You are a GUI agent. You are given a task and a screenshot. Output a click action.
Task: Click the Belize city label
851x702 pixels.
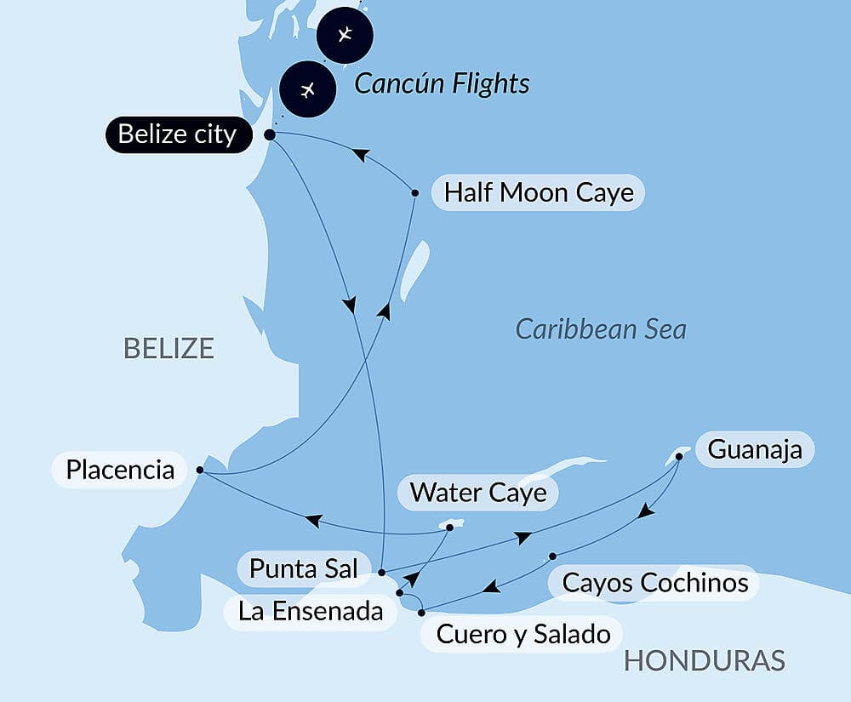178,134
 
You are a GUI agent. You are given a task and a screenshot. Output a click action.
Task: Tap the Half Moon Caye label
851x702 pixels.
539,192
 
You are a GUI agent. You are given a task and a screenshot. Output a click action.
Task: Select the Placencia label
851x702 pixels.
120,470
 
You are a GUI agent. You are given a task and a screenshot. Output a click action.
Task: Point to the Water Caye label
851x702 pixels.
478,492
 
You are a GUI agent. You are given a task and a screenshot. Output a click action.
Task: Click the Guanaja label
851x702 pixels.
755,448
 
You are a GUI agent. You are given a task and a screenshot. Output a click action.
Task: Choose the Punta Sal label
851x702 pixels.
304,569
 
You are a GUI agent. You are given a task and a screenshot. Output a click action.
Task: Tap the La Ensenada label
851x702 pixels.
311,610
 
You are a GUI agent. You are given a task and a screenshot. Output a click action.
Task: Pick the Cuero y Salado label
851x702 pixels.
523,634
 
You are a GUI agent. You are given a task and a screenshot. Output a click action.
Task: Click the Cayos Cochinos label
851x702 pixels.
655,583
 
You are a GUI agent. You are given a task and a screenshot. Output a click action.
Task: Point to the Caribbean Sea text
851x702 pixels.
601,328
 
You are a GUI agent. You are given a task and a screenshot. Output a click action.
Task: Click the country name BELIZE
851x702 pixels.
168,348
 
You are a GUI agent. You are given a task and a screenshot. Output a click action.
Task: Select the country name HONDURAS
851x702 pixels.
704,660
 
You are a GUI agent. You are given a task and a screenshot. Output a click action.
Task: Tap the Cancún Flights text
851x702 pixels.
442,83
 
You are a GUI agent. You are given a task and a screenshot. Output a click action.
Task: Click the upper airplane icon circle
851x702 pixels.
344,35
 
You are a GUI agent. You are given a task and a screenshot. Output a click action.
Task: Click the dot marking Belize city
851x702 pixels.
270,134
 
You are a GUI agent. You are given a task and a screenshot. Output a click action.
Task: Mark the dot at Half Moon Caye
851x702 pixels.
415,193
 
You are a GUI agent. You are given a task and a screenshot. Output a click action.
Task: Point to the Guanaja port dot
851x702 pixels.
679,457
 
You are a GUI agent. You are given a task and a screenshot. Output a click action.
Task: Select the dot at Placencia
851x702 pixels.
199,470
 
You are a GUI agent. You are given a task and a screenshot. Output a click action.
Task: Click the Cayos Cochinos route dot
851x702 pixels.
552,556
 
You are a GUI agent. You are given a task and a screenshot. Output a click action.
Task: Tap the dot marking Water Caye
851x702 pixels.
450,528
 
